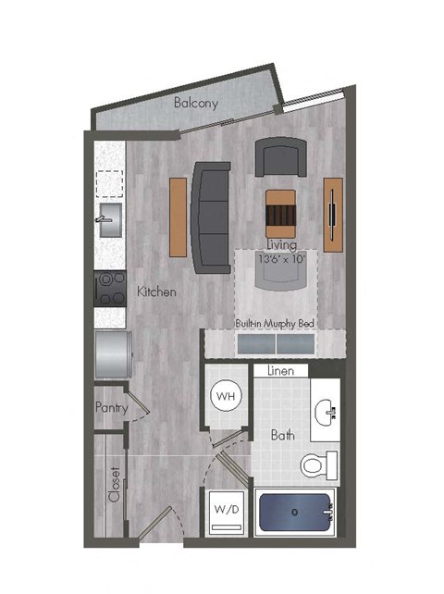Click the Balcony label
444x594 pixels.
[x=196, y=104]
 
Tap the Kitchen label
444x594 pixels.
[x=156, y=291]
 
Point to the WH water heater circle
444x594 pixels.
[x=225, y=397]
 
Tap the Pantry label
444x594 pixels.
[x=111, y=407]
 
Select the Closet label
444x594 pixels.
[x=115, y=483]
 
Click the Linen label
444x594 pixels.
[x=280, y=371]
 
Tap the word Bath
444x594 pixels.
[x=282, y=434]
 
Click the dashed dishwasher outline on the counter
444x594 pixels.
[x=109, y=184]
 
